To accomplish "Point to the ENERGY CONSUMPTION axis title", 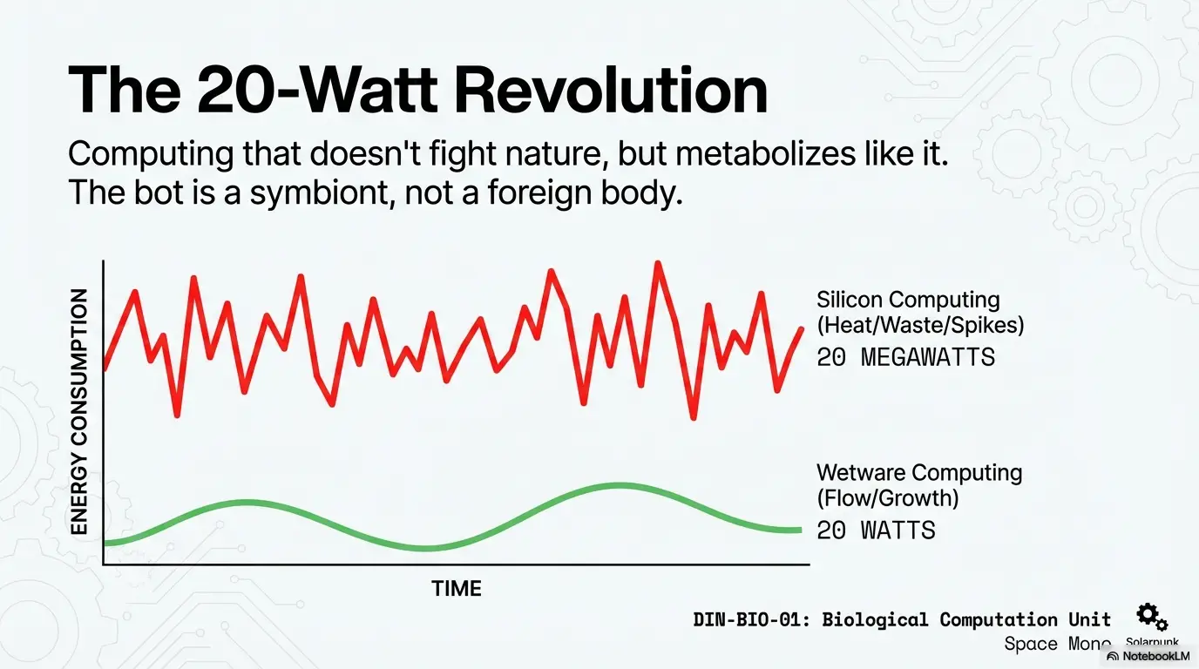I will tap(79, 412).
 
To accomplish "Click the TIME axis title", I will tap(457, 589).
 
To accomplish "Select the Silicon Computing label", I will tap(908, 300).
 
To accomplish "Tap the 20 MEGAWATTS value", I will tap(906, 357).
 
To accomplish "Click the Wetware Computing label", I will tap(919, 473).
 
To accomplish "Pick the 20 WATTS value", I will tap(876, 530).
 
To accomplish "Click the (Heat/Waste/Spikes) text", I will tap(920, 325).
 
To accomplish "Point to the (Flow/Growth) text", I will tap(887, 498).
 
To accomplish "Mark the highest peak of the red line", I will tap(658, 262).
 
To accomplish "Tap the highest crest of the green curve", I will tap(617, 485).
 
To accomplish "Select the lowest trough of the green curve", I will tap(425, 549).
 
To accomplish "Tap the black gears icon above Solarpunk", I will tap(1152, 617).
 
